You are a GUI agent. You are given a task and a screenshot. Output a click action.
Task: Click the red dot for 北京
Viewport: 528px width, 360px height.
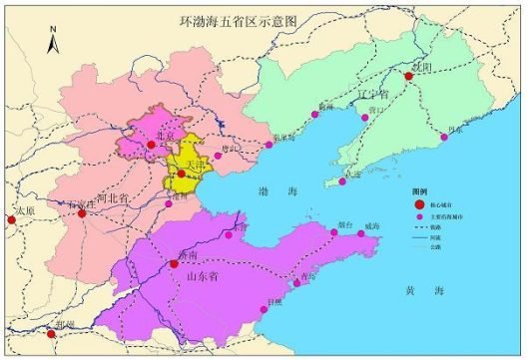tap(151, 145)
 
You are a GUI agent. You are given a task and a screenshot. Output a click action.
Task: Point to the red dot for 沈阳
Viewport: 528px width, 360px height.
tap(409, 76)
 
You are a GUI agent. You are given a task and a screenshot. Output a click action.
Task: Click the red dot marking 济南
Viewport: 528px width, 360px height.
tap(175, 263)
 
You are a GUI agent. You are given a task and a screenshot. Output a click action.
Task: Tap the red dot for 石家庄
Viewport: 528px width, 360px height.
tap(82, 213)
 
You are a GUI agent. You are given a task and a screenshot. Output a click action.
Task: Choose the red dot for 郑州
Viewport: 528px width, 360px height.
tap(51, 334)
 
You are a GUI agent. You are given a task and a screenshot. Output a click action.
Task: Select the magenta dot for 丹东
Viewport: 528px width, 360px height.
tap(442, 137)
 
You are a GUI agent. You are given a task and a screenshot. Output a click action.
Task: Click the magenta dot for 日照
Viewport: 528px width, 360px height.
tap(264, 309)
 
